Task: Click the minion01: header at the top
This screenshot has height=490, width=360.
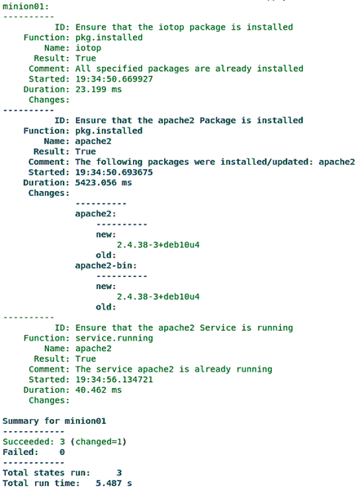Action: pyautogui.click(x=25, y=7)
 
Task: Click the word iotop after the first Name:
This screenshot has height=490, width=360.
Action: pyautogui.click(x=88, y=48)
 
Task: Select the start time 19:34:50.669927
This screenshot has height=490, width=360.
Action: pyautogui.click(x=114, y=78)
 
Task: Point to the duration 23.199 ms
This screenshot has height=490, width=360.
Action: pyautogui.click(x=99, y=89)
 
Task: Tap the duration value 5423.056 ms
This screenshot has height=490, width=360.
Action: pyautogui.click(x=104, y=182)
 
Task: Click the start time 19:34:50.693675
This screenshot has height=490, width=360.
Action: pyautogui.click(x=114, y=172)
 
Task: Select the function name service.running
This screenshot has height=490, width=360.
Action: pyautogui.click(x=114, y=338)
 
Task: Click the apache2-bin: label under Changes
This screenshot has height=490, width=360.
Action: pyautogui.click(x=106, y=265)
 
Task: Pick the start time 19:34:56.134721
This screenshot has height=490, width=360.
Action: pyautogui.click(x=114, y=380)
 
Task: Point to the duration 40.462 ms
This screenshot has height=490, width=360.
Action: pyautogui.click(x=99, y=390)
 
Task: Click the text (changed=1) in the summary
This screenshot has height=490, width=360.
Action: pyautogui.click(x=99, y=442)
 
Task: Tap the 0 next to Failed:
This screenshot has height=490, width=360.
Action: pyautogui.click(x=62, y=452)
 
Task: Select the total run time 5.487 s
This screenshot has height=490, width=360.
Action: pyautogui.click(x=113, y=483)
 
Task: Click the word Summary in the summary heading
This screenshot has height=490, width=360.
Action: pyautogui.click(x=20, y=421)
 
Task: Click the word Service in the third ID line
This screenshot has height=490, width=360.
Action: pyautogui.click(x=218, y=327)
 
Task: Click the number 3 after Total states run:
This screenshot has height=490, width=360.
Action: pyautogui.click(x=119, y=473)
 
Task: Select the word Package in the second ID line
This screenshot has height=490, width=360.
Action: pyautogui.click(x=218, y=121)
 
